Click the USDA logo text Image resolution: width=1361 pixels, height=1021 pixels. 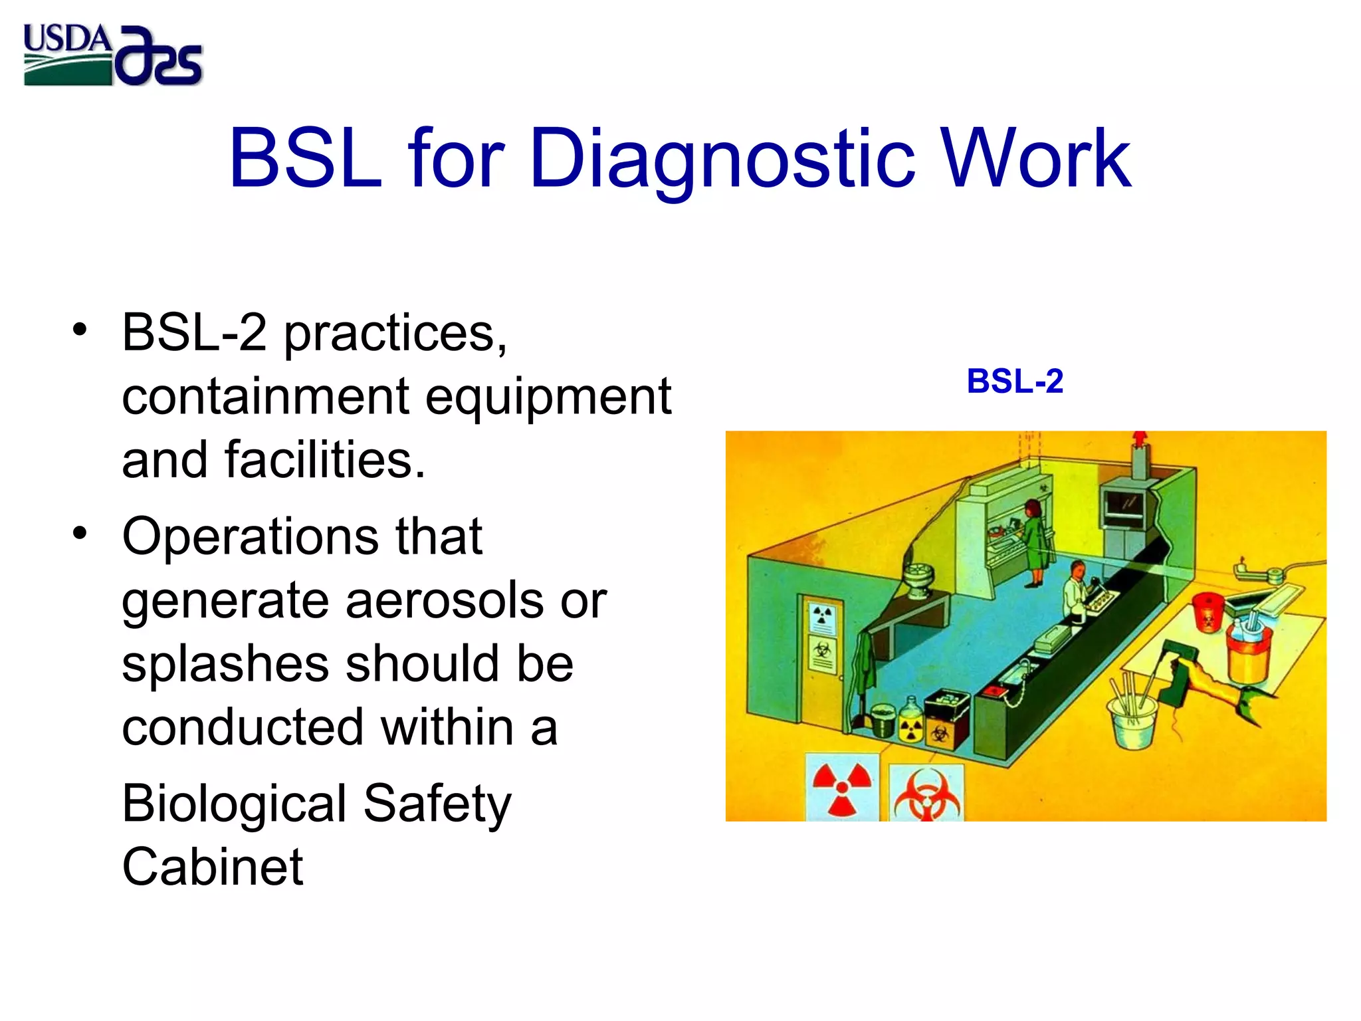click(x=66, y=39)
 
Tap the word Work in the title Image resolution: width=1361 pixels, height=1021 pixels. click(x=1037, y=160)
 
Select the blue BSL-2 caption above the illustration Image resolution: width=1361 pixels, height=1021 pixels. click(x=1015, y=382)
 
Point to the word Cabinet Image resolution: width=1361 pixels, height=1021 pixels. click(x=213, y=867)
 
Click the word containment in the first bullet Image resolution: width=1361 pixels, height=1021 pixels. click(x=266, y=396)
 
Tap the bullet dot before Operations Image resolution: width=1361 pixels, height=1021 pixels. click(x=80, y=533)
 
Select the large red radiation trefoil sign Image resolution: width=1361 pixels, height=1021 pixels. click(x=843, y=788)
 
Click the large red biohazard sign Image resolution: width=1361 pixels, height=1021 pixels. click(x=926, y=795)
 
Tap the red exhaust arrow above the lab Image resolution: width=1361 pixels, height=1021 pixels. click(x=1140, y=439)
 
